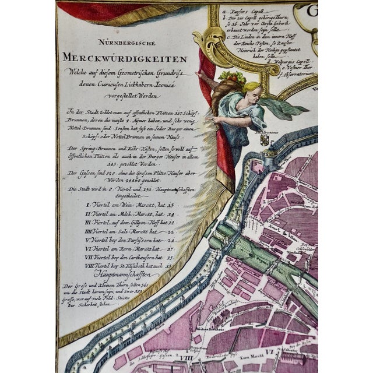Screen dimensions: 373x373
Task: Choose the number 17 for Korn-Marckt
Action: coord(170,248)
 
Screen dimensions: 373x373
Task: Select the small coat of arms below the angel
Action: coord(263,140)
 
